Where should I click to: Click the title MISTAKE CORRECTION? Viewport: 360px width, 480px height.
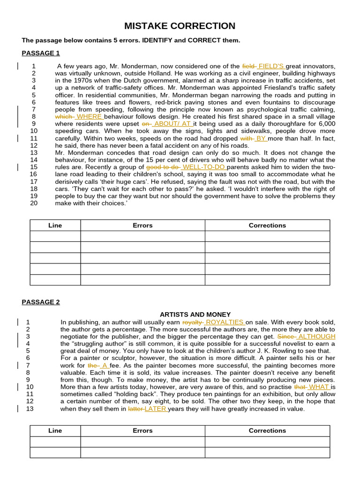coord(180,26)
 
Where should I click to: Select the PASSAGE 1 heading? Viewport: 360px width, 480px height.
coord(41,53)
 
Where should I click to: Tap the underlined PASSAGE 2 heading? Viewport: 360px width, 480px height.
coord(41,302)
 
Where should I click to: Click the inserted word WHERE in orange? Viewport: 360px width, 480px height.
coord(89,117)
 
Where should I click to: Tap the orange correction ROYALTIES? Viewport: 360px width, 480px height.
coord(225,322)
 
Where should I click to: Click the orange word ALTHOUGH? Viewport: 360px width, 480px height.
coord(317,337)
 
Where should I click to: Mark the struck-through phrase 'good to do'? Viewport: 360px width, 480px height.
coord(163,167)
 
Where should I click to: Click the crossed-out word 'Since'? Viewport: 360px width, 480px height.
coord(286,337)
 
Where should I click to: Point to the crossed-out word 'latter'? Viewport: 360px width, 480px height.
coord(136,409)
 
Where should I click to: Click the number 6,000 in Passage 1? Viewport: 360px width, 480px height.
coord(325,124)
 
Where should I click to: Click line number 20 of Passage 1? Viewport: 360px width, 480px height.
coord(34,203)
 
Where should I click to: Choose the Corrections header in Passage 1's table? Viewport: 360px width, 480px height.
coord(267,225)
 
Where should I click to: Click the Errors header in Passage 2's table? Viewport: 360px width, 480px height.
coord(142,431)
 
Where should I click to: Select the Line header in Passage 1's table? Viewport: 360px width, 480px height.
coord(55,225)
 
